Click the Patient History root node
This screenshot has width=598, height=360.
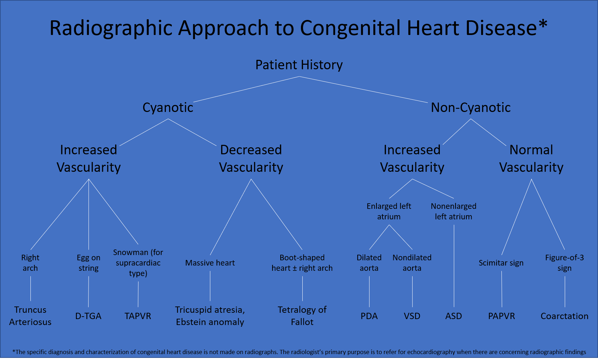[299, 65]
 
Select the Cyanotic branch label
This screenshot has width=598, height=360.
[168, 107]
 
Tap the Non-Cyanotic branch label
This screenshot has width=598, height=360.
[471, 107]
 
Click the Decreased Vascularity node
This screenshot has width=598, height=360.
[251, 158]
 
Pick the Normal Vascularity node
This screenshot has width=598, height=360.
[531, 158]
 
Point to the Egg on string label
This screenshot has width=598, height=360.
[89, 263]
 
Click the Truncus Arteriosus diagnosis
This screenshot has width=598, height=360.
[30, 316]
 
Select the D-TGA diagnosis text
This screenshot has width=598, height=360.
[88, 316]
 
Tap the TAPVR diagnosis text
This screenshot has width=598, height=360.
[138, 316]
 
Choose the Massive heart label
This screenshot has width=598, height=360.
[210, 263]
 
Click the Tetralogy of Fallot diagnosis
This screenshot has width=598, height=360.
[302, 316]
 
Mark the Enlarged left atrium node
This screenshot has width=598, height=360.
[389, 211]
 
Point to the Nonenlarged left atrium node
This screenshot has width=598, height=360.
[453, 211]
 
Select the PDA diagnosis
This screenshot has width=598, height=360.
[369, 316]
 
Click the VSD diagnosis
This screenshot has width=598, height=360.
[412, 316]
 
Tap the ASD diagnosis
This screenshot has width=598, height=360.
[453, 316]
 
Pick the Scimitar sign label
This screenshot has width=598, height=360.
[501, 263]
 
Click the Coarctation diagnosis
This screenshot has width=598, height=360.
[564, 316]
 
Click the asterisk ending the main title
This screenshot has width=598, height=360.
[543, 24]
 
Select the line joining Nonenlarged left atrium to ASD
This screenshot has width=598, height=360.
[454, 266]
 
